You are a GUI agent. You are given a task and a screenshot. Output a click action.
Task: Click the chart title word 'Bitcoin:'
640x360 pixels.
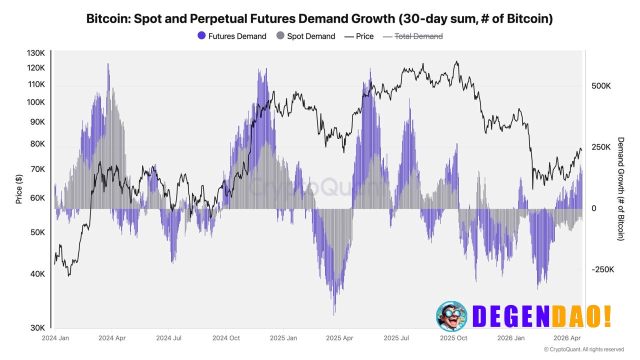pos(108,19)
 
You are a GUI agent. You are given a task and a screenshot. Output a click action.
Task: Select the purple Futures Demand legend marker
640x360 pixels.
pos(202,36)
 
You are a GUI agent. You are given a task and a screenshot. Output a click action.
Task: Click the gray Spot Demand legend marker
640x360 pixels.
pos(280,36)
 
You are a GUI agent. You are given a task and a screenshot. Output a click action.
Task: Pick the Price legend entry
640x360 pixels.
pos(359,36)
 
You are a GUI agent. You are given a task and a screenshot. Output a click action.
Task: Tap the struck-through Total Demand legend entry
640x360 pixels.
pos(412,36)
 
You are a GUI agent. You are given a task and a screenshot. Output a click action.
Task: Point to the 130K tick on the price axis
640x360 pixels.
pos(35,53)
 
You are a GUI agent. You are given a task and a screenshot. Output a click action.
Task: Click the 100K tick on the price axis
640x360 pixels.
pos(35,102)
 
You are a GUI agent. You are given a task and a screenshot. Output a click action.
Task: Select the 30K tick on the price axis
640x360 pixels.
pos(37,328)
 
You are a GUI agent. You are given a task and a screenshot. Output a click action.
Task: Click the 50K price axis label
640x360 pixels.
pos(37,232)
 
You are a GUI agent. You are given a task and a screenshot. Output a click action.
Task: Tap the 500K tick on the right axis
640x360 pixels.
pos(601,86)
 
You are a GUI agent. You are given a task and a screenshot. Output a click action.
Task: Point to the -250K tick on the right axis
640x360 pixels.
pos(602,269)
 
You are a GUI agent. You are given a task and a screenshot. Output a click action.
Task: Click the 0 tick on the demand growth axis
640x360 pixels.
pos(594,208)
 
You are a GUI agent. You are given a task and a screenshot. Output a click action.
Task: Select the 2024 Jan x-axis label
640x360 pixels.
pos(55,338)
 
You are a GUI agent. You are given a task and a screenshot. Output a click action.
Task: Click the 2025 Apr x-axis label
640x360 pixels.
pos(339,338)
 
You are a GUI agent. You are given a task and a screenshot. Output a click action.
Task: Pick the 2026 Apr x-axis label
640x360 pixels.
pos(567,338)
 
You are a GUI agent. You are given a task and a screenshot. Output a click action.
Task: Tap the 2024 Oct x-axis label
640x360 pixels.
pos(226,338)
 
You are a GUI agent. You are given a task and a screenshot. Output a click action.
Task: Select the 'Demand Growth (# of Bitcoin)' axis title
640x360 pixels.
pos(621,189)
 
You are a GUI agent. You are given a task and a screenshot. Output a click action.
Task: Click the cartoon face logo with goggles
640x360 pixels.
pos(451,316)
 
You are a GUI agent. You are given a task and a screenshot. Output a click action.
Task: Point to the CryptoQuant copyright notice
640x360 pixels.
pos(583,349)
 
